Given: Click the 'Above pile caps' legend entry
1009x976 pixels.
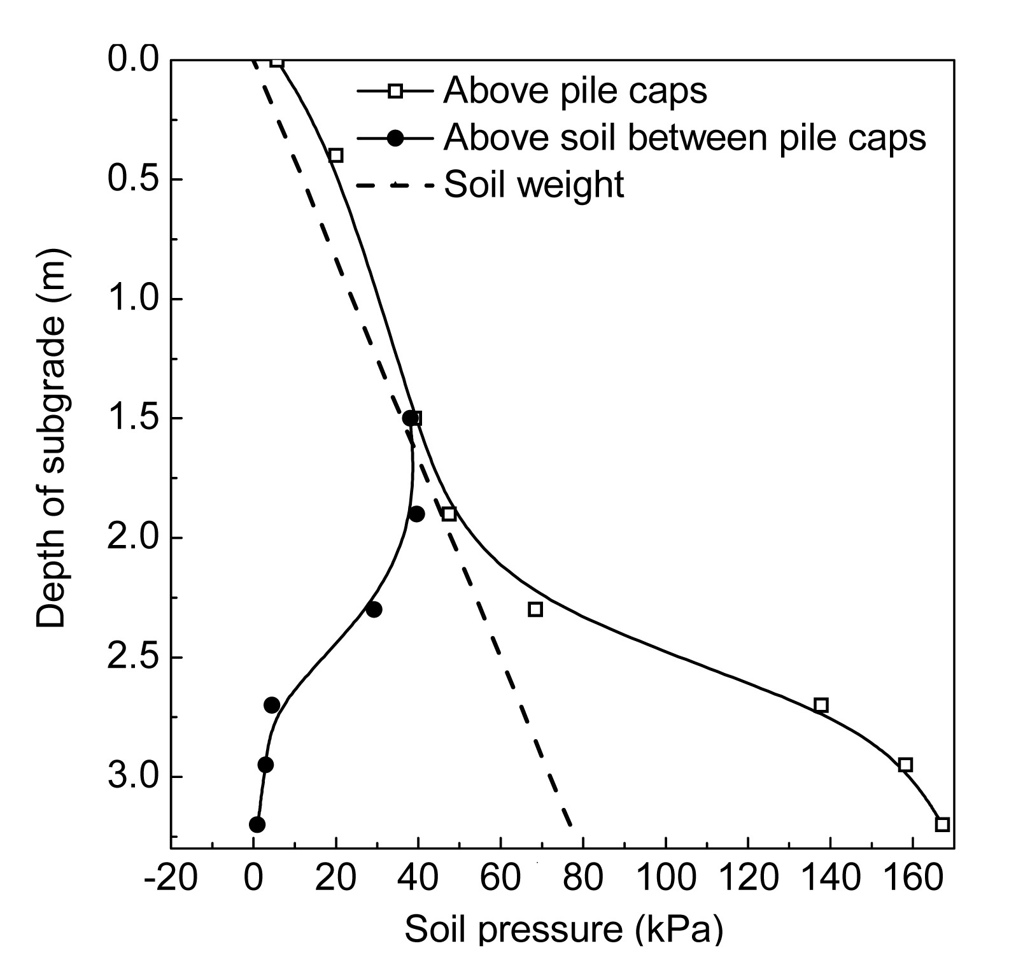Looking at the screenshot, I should coord(575,90).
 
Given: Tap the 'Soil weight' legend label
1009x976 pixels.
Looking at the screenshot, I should coord(534,185).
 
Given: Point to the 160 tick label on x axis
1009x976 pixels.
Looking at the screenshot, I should coord(912,879).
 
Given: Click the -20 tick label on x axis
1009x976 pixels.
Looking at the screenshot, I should coord(171,879).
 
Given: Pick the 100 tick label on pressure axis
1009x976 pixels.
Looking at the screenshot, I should coord(665,879).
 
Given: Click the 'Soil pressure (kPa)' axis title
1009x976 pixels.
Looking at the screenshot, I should coord(563,929).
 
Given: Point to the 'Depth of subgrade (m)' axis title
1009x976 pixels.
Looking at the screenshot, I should coord(51,439).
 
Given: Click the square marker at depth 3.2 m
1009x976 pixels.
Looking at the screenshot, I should coord(942,824).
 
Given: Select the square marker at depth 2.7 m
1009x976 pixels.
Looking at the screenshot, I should coord(821,705).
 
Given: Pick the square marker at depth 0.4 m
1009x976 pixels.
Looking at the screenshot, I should coord(336,155).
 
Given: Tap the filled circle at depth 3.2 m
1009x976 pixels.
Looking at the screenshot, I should coord(257,824).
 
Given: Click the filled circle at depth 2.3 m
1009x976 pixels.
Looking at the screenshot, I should coord(374,609).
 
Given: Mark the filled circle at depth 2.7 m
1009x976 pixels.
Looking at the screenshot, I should coord(272,705).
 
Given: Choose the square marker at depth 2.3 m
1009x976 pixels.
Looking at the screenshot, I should coord(535,609).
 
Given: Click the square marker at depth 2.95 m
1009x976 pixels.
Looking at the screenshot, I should coord(905,765).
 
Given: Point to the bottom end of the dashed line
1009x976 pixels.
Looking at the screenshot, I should coord(570,826).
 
